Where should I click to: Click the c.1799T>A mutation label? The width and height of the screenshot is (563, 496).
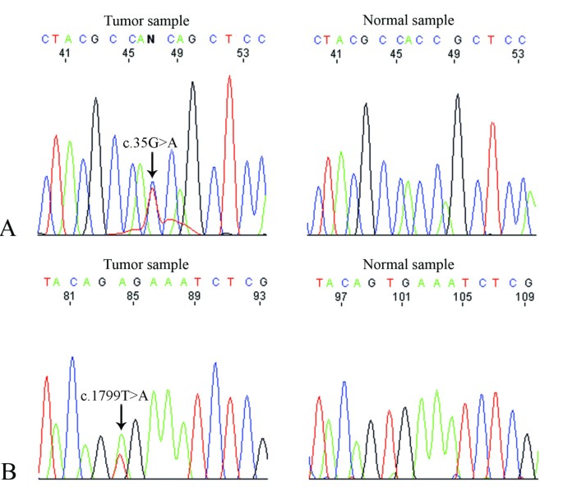point(114,396)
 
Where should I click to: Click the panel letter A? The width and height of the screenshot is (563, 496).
point(10,228)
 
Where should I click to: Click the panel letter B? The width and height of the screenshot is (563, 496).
point(11,471)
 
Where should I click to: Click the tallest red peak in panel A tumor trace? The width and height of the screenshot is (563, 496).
point(229,78)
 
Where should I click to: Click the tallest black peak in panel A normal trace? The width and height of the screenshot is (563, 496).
point(457,96)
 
